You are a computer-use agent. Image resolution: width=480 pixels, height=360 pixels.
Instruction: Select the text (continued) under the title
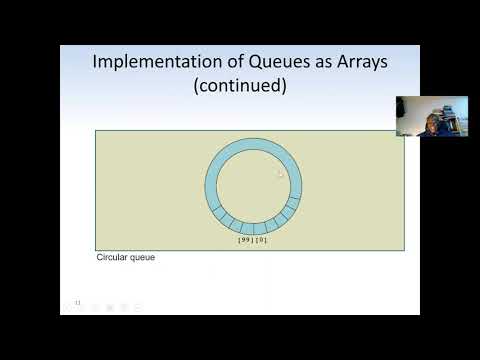pos(240,86)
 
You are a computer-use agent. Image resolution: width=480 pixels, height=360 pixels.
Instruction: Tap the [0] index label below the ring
pos(261,241)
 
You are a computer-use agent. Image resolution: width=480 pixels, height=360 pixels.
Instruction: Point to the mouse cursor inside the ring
pos(281,173)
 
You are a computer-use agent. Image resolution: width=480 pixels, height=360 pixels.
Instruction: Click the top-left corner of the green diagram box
pos(96,131)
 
